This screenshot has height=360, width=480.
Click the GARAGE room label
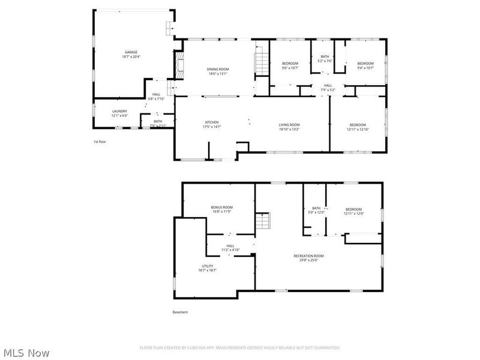point(130,52)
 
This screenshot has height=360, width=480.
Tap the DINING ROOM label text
point(218,69)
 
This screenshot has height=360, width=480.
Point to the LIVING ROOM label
point(289,125)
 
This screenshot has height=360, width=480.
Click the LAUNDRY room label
point(119,111)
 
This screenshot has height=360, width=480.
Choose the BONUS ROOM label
point(222,208)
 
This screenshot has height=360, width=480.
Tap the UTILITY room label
point(206,266)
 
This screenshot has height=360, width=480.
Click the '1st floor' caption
point(100,142)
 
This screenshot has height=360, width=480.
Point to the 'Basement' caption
point(180,312)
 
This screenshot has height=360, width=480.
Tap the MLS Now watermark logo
point(26,353)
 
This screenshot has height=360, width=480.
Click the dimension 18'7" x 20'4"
point(130,56)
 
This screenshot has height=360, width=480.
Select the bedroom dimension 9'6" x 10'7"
point(290,68)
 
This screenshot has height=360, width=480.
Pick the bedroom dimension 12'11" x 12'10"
point(358,129)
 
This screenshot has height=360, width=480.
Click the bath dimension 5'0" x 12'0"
point(316,212)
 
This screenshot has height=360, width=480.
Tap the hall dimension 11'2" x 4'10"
point(230,250)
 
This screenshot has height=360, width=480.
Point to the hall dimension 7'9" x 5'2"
point(328,89)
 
